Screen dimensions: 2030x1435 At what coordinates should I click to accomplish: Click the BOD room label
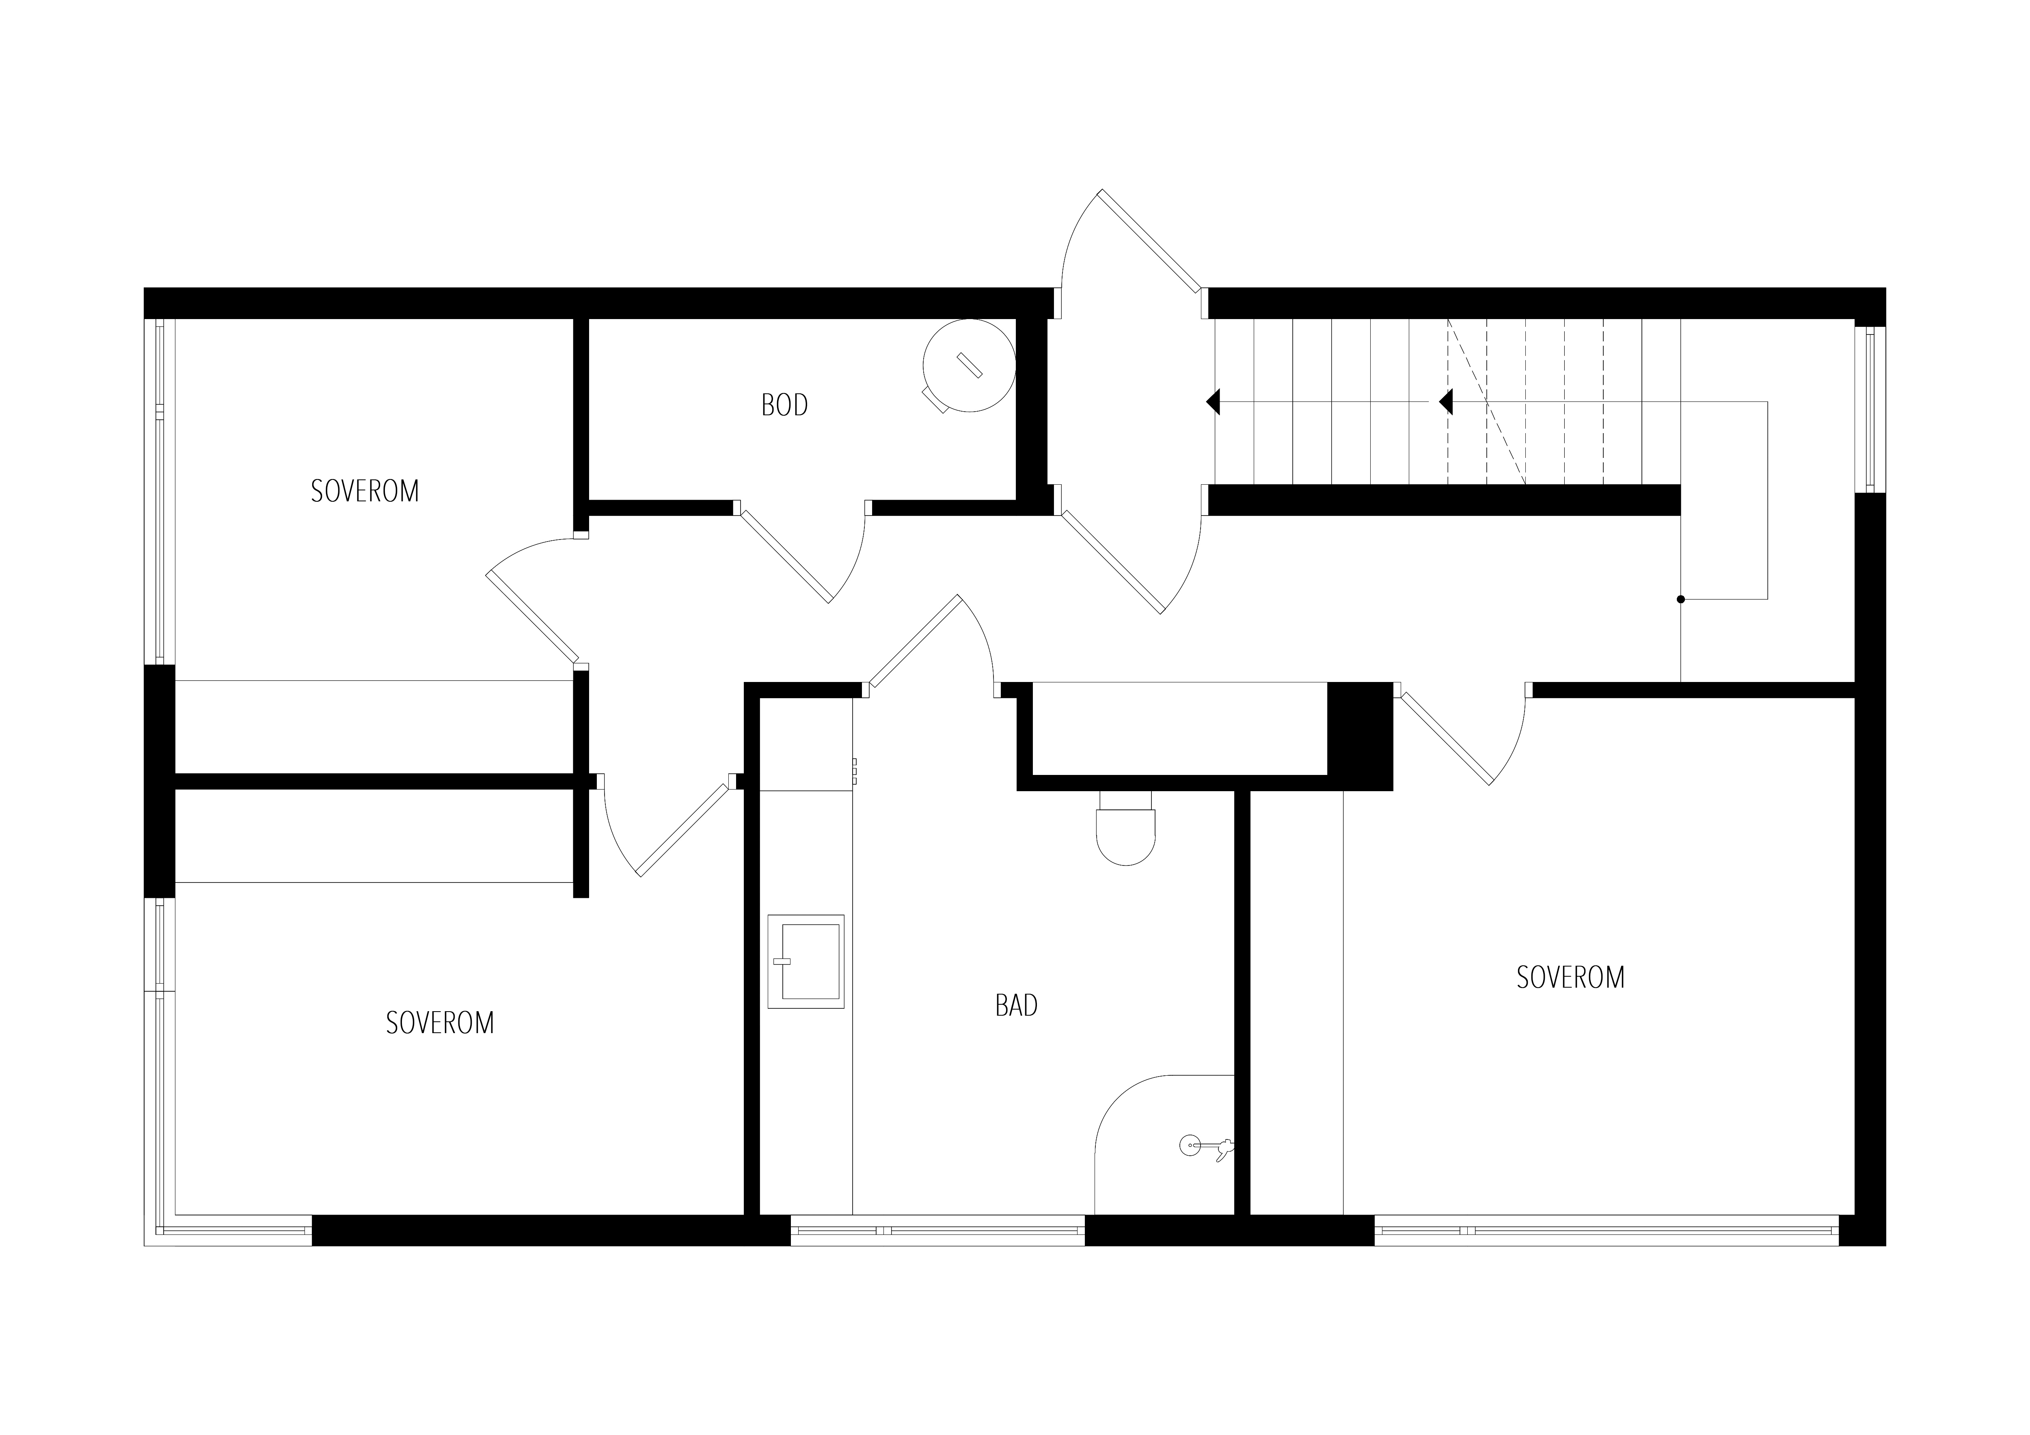pos(784,405)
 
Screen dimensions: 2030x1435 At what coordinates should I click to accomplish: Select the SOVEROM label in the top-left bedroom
pos(365,491)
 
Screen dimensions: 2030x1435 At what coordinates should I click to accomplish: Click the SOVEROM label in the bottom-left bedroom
pos(440,1023)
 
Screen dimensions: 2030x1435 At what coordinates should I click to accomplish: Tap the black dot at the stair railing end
pos(1681,600)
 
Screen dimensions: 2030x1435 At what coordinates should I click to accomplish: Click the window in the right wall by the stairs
pos(1870,409)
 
